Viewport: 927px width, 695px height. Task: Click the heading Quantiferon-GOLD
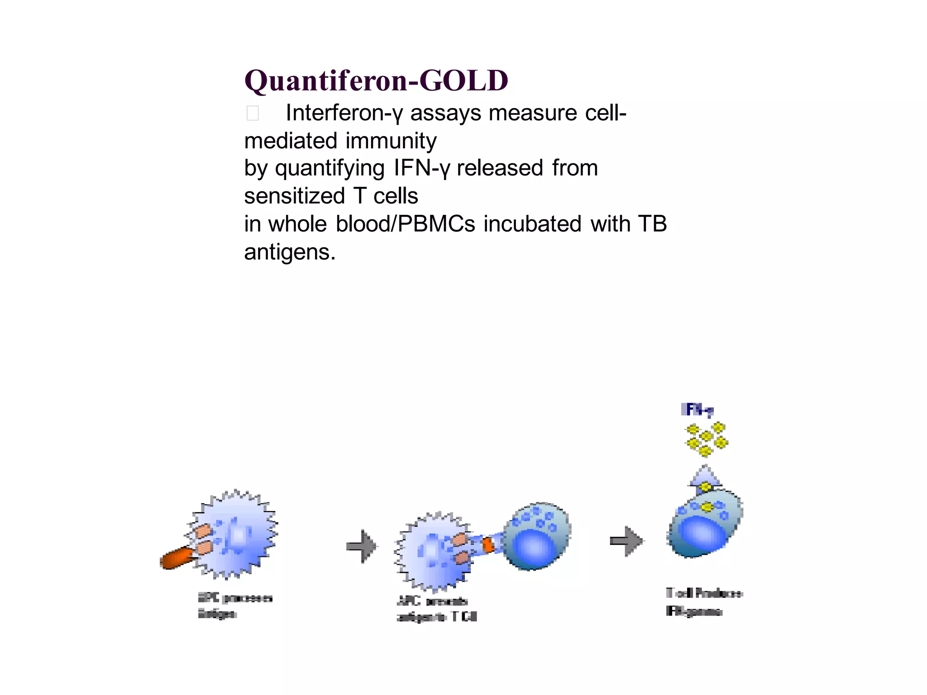(x=376, y=81)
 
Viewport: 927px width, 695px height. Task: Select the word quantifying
(x=330, y=168)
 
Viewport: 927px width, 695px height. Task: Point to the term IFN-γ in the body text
(x=422, y=168)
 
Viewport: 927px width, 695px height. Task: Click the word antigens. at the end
(x=290, y=252)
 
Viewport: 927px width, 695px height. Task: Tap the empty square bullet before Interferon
(x=253, y=113)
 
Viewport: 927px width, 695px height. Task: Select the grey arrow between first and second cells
(x=362, y=547)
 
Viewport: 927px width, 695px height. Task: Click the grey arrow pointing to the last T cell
(x=627, y=541)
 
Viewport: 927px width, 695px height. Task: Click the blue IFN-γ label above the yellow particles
(x=698, y=410)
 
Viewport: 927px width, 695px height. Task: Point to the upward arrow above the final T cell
(x=705, y=478)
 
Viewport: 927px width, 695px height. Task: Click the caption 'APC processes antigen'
(x=234, y=605)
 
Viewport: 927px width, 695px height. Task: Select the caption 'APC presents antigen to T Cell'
(x=436, y=609)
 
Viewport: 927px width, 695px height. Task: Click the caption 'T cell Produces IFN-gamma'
(x=703, y=602)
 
